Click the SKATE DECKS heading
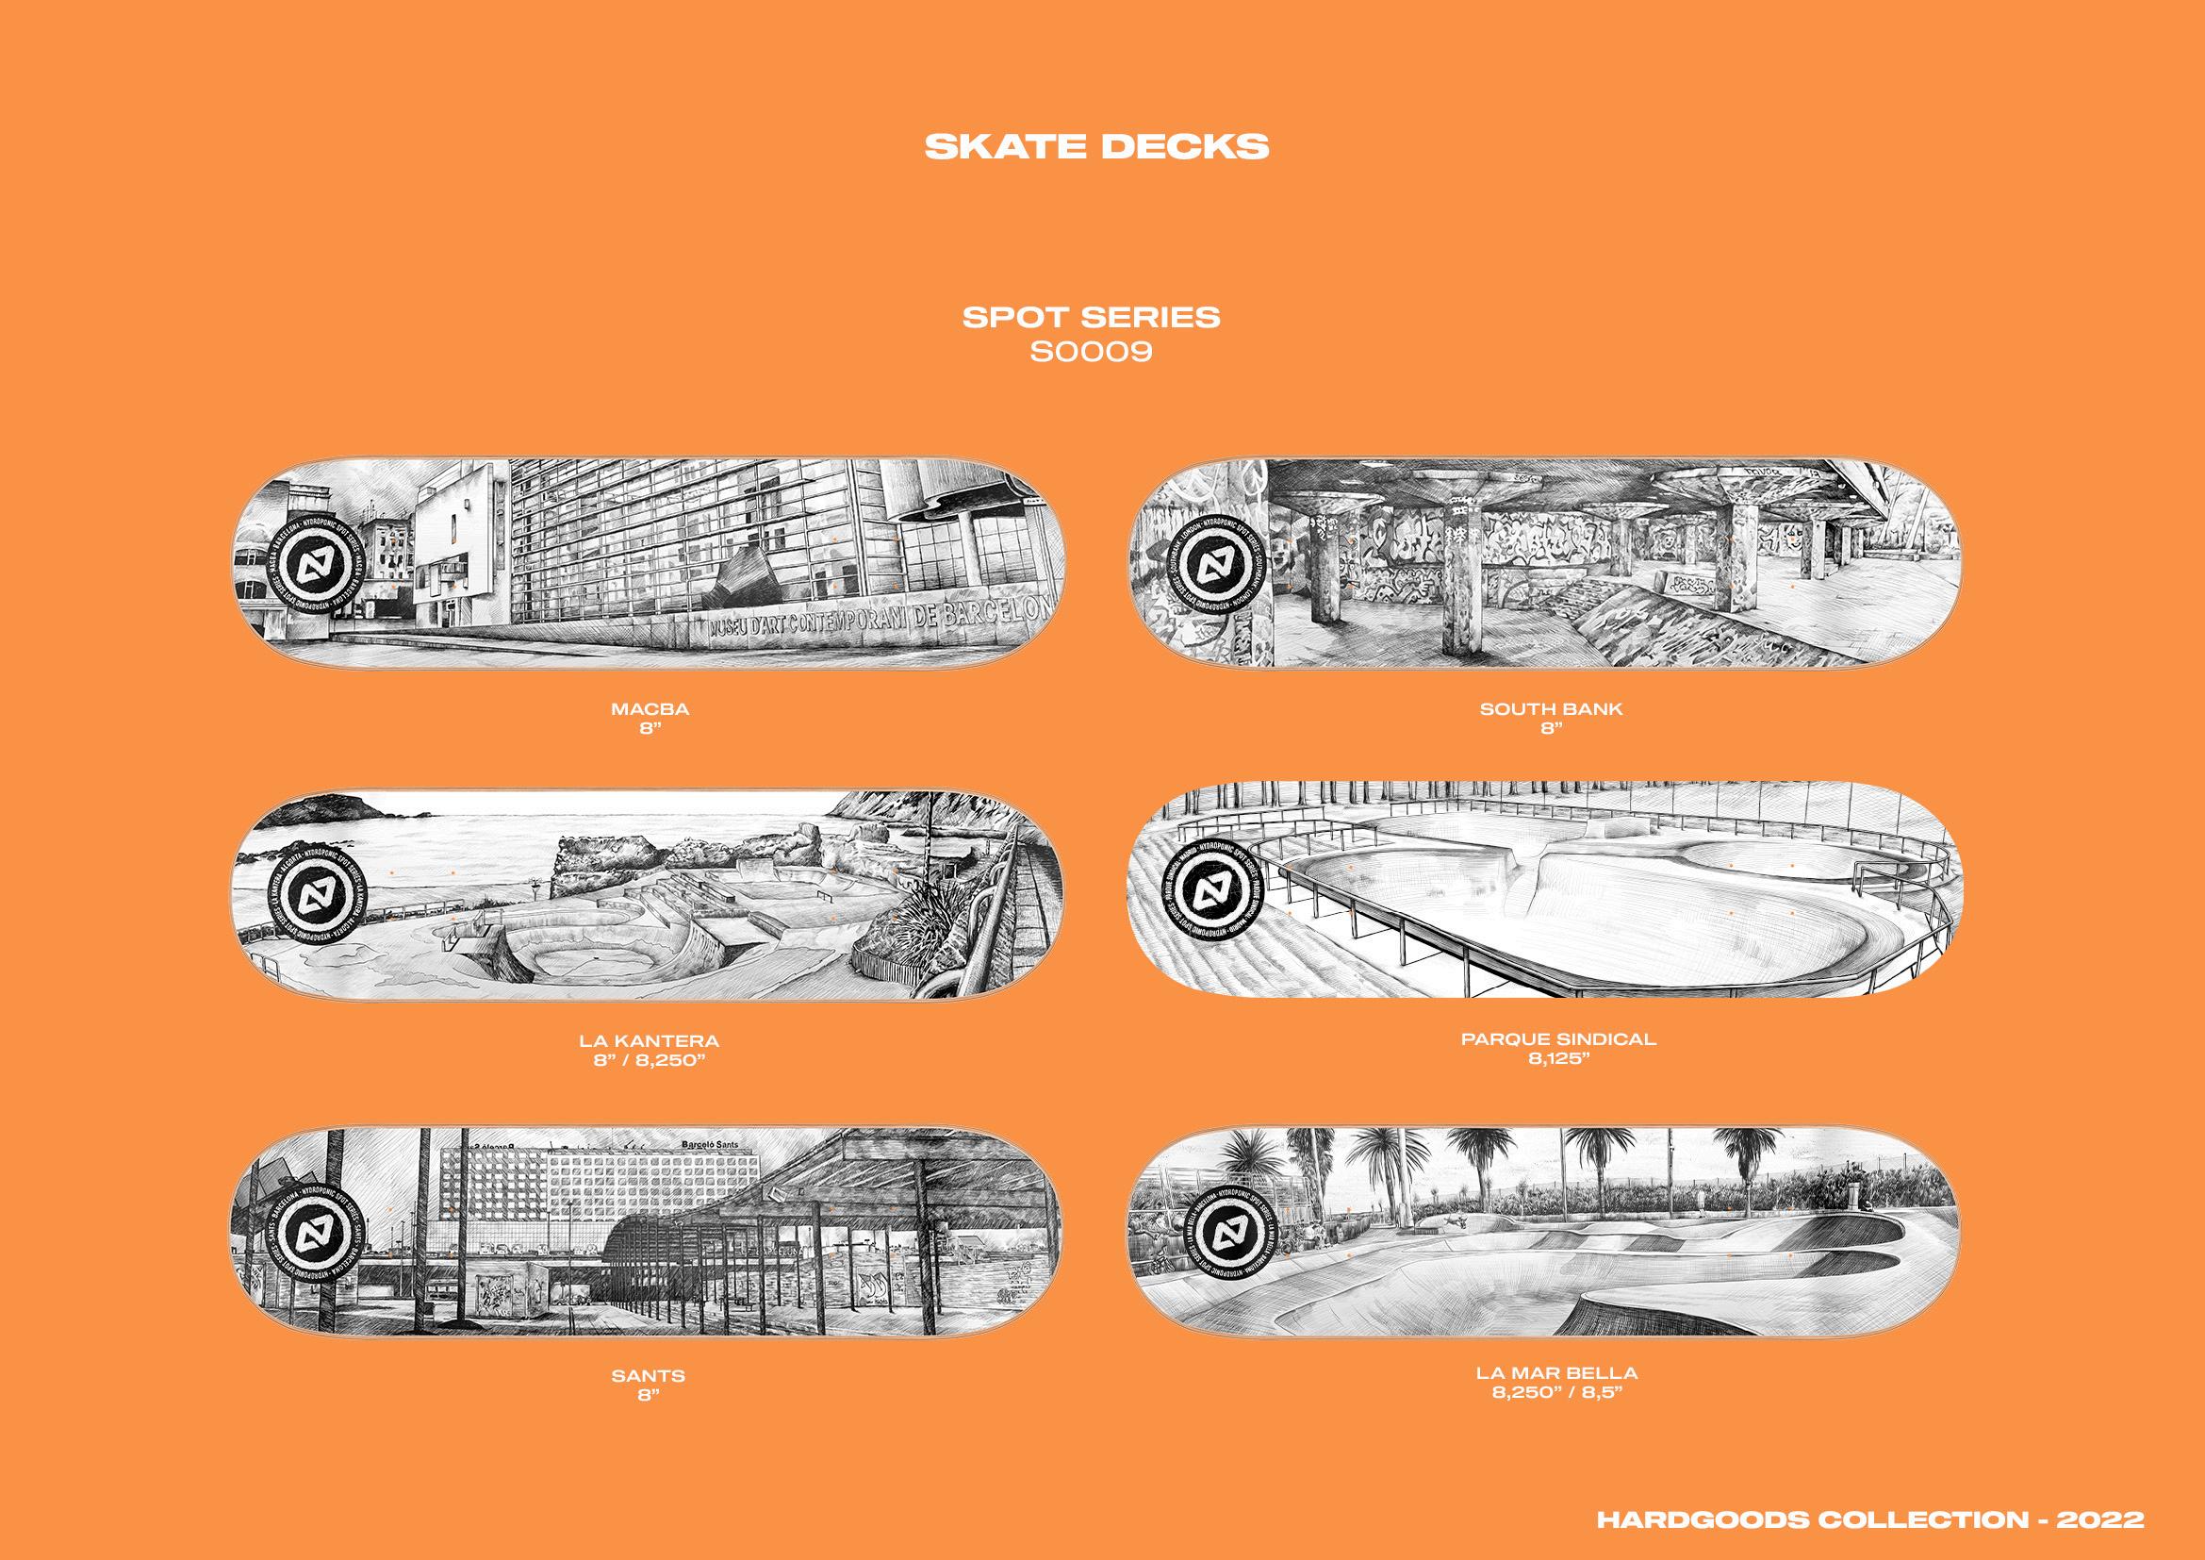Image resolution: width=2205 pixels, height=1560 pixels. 1095,147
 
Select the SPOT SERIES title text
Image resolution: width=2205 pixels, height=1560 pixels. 1091,318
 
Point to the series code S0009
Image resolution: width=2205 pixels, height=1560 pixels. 1091,353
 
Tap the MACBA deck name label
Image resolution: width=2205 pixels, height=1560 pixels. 650,709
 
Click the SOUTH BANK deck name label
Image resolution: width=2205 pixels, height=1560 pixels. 1551,709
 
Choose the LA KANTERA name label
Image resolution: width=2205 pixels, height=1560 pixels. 650,1040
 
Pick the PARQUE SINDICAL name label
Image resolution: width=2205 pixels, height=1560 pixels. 1558,1038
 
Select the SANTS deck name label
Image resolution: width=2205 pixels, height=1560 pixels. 649,1375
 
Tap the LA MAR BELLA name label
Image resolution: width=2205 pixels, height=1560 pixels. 1556,1372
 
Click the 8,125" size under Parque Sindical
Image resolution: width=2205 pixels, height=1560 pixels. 1558,1058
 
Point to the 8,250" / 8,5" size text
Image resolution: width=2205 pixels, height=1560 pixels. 1556,1392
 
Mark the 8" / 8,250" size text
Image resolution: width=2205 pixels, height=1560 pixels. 650,1060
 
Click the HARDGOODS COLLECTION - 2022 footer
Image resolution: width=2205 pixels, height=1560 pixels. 1869,1519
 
